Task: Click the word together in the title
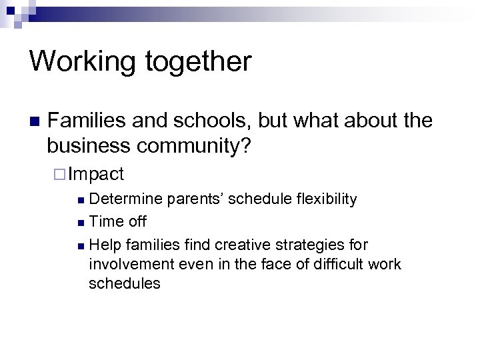coord(201,62)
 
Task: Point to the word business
coord(87,145)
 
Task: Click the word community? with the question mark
coord(193,145)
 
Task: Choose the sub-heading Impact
coord(96,175)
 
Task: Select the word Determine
coord(126,199)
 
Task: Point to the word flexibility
coord(323,199)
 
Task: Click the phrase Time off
coord(117,221)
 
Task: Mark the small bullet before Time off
coord(81,222)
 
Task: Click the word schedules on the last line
coord(125,283)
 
